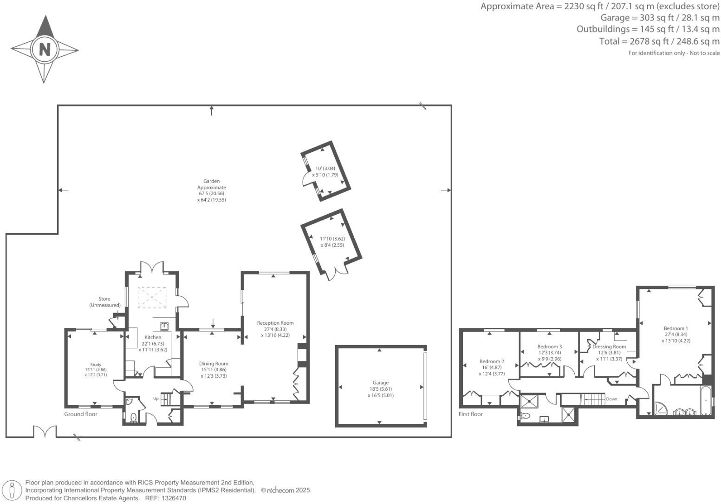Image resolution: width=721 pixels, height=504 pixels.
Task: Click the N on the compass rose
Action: point(45,50)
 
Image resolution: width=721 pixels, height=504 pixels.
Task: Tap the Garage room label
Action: point(380,383)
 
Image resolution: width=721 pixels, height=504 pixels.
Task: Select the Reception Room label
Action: point(275,323)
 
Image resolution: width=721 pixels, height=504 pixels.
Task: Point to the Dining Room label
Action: point(214,364)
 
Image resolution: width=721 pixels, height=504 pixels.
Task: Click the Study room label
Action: point(96,365)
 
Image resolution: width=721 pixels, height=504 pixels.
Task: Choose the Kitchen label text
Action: point(153,337)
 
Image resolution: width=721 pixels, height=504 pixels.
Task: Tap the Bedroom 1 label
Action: point(676,328)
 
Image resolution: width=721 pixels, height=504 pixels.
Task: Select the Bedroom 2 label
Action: point(492,361)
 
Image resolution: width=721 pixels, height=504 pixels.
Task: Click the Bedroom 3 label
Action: point(550,347)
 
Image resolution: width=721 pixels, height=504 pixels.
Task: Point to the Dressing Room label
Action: point(609,347)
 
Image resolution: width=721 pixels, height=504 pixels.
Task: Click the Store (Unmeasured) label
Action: point(104,302)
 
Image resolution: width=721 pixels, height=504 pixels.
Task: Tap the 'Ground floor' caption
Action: point(80,414)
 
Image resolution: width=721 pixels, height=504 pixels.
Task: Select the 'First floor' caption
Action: point(471,414)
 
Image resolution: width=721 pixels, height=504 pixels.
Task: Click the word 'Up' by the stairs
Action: point(156,399)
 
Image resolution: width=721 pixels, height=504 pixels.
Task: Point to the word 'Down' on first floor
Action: point(611,399)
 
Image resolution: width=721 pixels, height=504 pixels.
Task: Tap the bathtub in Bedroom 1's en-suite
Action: point(706,400)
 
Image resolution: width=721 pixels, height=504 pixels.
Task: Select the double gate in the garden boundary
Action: point(45,431)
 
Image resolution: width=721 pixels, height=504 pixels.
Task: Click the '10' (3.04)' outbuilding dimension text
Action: point(325,169)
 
